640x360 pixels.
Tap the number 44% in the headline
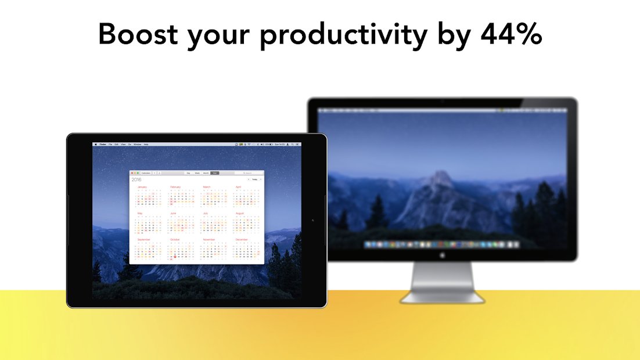(x=511, y=35)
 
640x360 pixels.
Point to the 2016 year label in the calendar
(x=136, y=180)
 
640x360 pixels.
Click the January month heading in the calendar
(x=142, y=187)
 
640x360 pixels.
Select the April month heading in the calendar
(x=238, y=187)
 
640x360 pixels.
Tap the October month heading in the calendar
(x=175, y=239)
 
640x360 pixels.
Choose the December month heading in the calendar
(x=242, y=239)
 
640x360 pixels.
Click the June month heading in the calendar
(x=173, y=213)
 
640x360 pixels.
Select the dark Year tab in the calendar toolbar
(x=215, y=173)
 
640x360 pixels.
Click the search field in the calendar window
(x=249, y=173)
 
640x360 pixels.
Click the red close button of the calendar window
(x=132, y=173)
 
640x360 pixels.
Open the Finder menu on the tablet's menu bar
(x=103, y=144)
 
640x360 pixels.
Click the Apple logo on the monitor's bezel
(x=442, y=255)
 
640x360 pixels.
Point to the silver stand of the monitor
(x=442, y=285)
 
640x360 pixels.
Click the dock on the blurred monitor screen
(x=441, y=245)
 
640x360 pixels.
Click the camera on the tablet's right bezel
(x=313, y=220)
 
